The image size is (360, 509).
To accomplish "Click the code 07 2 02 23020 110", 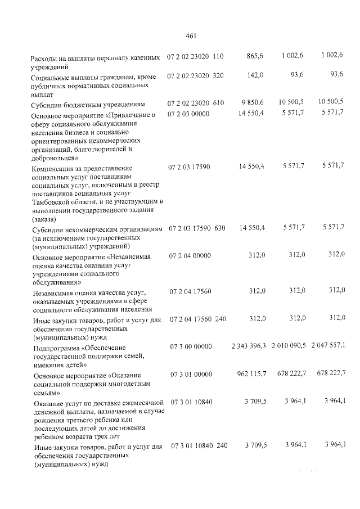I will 195,56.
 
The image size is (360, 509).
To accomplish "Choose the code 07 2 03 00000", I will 188,114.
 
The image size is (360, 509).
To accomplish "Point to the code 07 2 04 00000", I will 188,256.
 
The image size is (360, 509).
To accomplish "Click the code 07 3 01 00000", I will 188,374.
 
